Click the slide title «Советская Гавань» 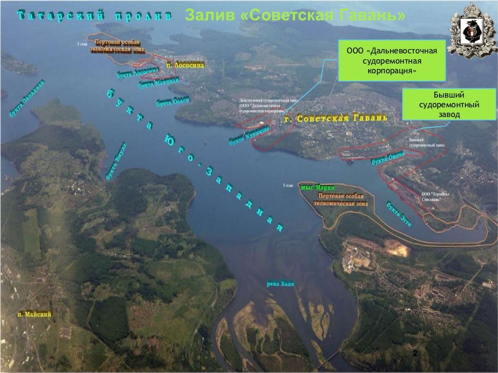[295, 16]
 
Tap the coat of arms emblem [472, 30]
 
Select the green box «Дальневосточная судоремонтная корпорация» [392, 61]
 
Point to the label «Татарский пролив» [94, 16]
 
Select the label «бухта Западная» [27, 98]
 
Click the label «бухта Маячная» [156, 83]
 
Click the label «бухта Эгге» [399, 214]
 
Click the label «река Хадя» [281, 284]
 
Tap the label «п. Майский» [35, 315]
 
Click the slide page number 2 [415, 354]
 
